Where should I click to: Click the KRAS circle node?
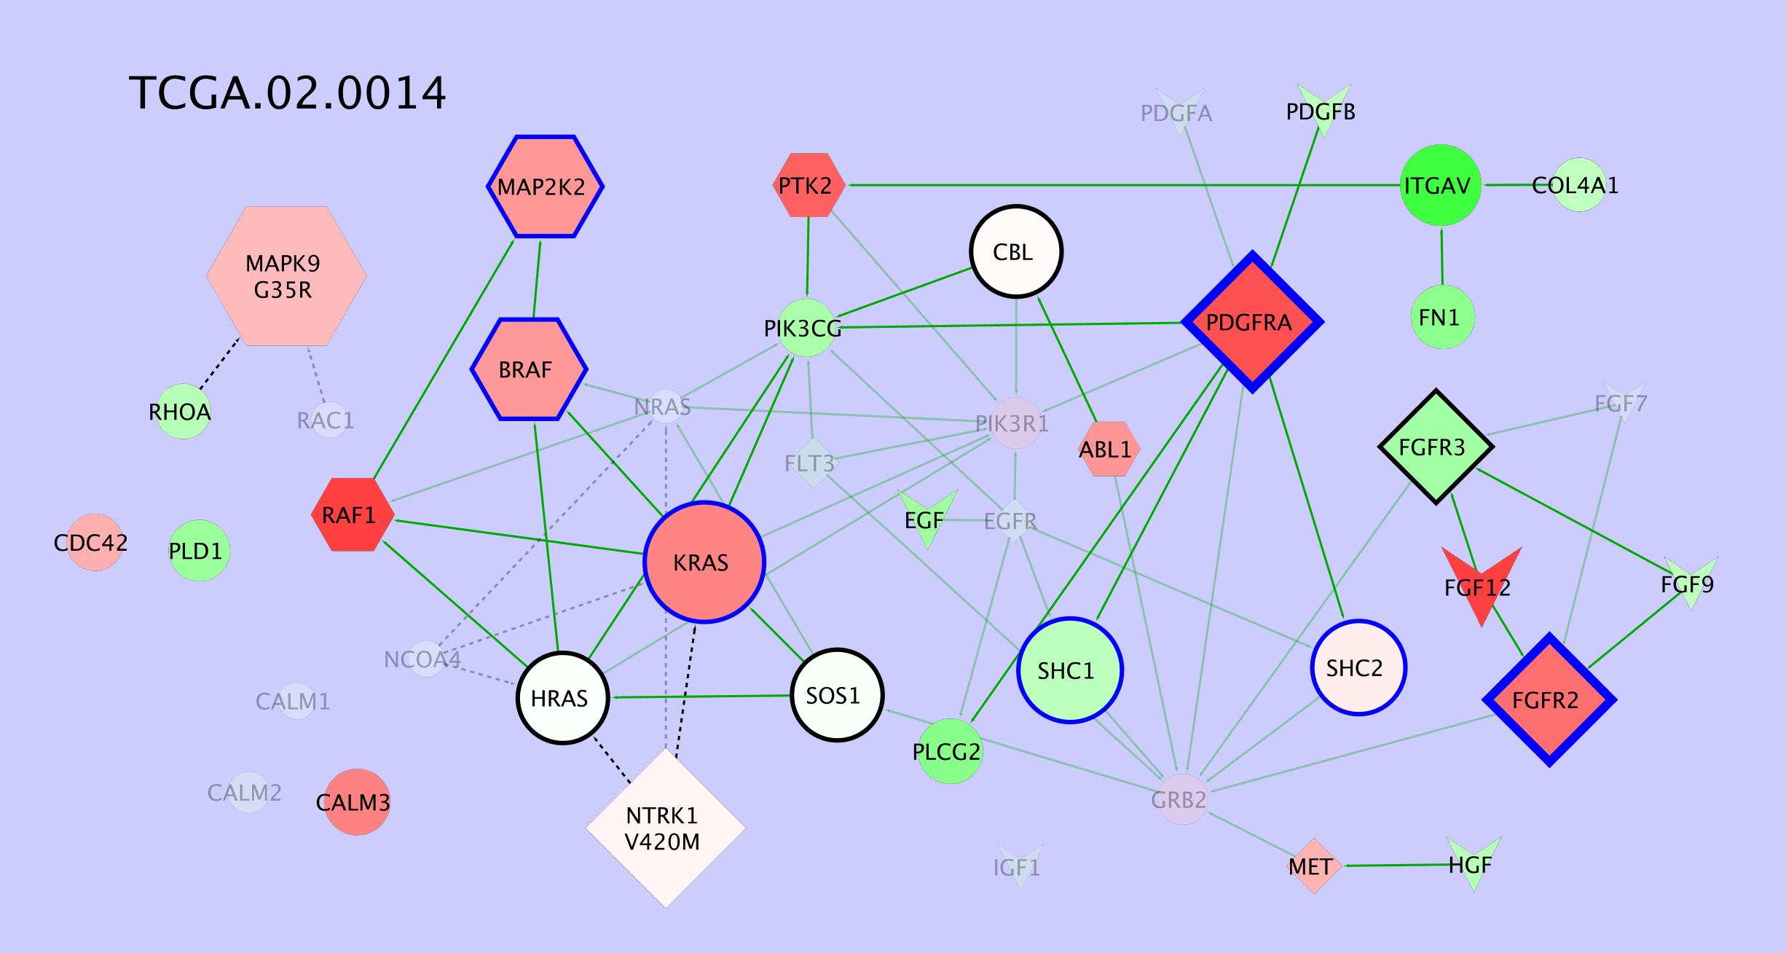pos(704,562)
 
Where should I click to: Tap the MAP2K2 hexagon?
pos(545,187)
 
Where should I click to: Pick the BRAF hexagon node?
pos(529,369)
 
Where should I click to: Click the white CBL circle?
pos(1016,251)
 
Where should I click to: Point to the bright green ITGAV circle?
pos(1440,185)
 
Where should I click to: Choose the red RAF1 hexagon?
pos(353,514)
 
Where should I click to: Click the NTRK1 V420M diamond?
pos(665,828)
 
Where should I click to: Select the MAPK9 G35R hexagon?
pos(286,276)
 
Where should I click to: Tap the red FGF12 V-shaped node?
pos(1481,579)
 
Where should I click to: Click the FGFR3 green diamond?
pos(1436,447)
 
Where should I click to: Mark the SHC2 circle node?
pos(1358,667)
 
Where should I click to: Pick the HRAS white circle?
pos(562,698)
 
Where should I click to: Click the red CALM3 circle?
pos(356,801)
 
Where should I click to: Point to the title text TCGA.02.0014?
pos(287,93)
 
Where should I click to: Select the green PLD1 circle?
pos(199,551)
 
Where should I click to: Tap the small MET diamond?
pos(1313,866)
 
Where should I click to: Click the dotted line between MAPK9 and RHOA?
pos(219,362)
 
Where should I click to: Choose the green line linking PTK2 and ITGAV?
pos(1122,185)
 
